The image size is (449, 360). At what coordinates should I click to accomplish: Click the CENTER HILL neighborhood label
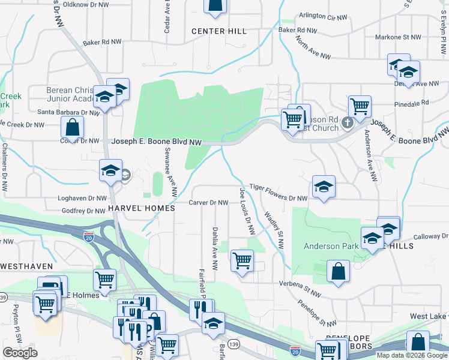219,31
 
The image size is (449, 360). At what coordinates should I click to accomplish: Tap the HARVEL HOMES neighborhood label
141,208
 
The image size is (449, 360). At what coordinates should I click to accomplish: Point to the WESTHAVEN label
27,265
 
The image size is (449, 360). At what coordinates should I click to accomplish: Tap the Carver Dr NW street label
209,203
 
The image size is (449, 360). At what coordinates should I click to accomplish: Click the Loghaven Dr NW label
82,197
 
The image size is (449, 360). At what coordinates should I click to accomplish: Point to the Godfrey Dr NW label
83,211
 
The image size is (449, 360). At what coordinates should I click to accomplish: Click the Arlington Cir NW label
324,16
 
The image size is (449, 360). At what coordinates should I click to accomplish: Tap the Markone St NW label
398,37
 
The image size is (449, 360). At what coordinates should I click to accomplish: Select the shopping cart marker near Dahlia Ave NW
241,260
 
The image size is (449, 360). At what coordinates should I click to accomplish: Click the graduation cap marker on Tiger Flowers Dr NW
323,186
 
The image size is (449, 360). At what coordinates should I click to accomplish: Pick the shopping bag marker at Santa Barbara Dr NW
71,127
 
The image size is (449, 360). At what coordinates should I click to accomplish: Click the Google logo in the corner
20,353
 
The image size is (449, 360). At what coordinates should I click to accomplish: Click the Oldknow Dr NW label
86,4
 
